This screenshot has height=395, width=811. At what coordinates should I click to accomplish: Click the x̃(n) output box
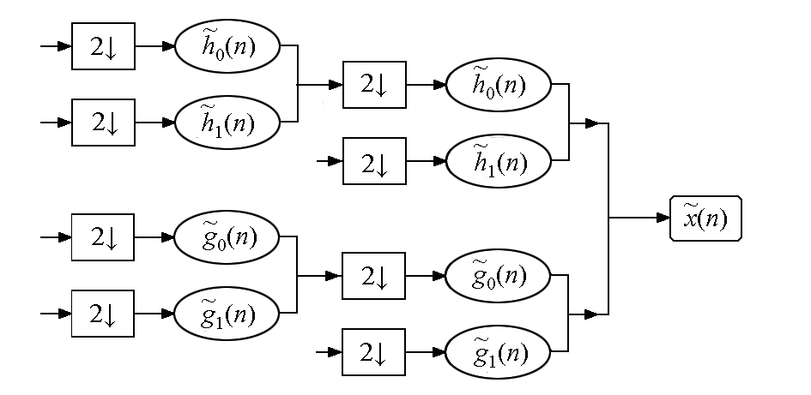tap(705, 218)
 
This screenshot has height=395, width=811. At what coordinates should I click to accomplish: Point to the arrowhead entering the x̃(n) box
tap(663, 218)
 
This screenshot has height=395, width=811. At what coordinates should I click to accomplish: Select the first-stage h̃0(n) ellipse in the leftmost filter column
tap(227, 46)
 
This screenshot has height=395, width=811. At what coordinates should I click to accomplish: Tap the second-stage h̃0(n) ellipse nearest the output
tap(499, 85)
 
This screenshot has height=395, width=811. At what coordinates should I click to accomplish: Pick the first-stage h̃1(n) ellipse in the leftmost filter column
tap(227, 123)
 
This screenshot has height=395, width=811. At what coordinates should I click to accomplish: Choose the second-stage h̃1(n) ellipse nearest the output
tap(499, 161)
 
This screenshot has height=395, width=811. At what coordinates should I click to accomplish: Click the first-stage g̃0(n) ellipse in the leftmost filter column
tap(227, 237)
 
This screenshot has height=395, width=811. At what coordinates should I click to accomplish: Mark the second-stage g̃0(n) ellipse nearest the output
tap(498, 276)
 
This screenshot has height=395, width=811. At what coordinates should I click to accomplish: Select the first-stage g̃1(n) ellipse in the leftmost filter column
tap(227, 314)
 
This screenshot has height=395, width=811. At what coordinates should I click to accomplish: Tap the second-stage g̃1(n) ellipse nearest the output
tap(498, 352)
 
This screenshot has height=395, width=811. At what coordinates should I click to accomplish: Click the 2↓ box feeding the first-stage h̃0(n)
tap(103, 46)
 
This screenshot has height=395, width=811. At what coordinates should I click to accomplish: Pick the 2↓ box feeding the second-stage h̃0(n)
tap(374, 85)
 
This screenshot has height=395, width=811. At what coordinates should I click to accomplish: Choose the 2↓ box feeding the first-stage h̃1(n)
tap(103, 123)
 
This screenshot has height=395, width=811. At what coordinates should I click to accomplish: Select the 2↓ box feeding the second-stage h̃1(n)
tap(374, 161)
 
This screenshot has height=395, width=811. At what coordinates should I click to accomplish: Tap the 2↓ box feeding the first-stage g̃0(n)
tap(102, 237)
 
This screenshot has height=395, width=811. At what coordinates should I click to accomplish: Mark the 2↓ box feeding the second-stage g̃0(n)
tap(373, 276)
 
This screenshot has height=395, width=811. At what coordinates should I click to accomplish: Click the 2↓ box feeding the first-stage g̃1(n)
tap(102, 314)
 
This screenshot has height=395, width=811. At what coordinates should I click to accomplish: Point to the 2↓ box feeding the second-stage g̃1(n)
tap(373, 352)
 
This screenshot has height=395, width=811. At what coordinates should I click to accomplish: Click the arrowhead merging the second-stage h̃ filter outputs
tap(592, 123)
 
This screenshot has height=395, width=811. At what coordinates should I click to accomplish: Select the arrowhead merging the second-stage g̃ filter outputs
tap(591, 314)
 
